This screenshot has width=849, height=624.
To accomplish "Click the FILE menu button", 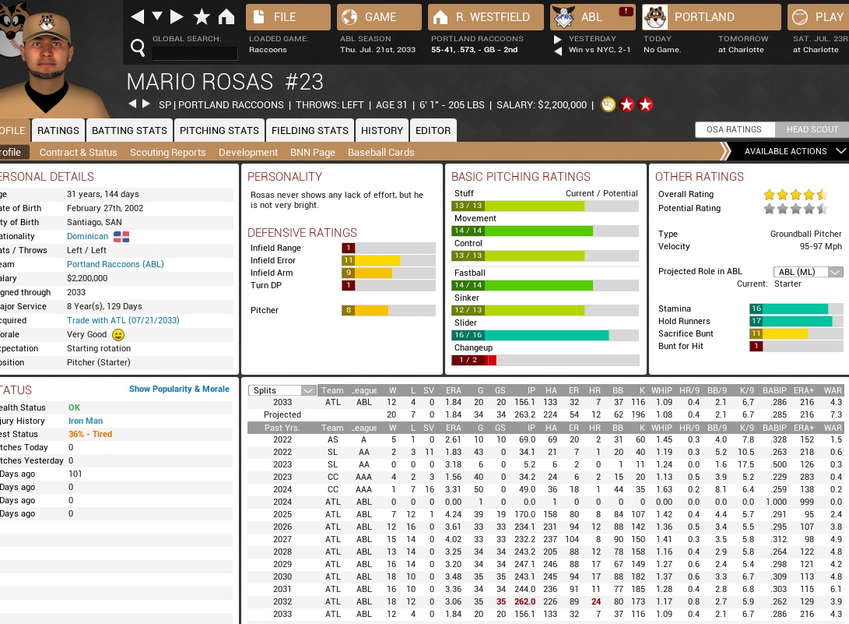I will (288, 17).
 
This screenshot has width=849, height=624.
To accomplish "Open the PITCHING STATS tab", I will (219, 130).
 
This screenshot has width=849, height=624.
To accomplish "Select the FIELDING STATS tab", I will (310, 130).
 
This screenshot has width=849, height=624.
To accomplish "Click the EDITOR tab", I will (433, 130).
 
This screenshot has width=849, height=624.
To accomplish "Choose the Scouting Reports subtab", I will (168, 153).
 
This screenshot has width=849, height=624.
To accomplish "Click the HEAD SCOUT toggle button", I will (812, 130).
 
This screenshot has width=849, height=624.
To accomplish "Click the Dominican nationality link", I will (88, 236).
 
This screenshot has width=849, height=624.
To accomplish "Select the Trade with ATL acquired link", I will (123, 320).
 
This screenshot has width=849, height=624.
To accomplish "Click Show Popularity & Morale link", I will (179, 389).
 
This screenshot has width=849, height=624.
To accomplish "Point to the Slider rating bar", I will (545, 335).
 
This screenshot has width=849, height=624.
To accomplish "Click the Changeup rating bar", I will (545, 360).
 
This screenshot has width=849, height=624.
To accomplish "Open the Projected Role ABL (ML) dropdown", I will (809, 272).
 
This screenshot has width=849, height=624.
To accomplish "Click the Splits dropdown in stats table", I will (282, 390).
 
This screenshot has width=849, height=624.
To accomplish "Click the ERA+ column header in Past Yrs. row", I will (804, 428).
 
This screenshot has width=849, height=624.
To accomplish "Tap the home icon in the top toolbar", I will (226, 17).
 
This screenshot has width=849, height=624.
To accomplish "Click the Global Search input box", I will (195, 53).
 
